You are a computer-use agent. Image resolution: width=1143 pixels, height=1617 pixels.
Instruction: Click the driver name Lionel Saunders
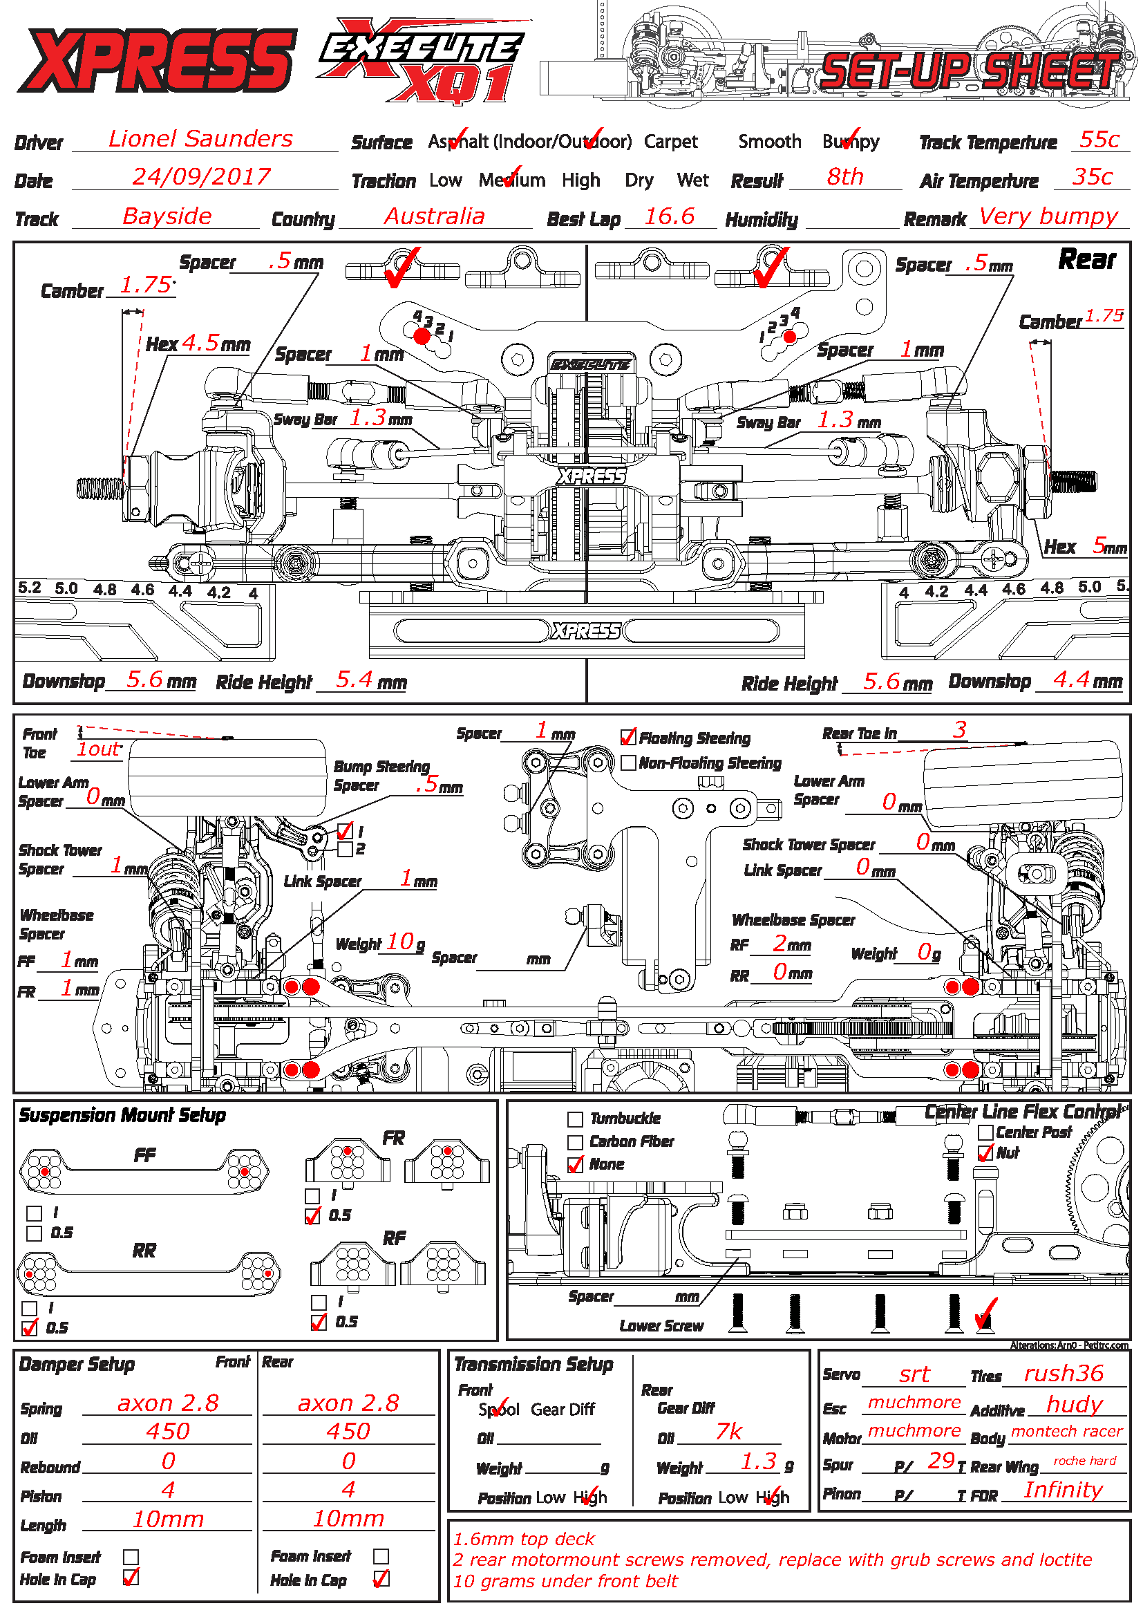[x=200, y=139]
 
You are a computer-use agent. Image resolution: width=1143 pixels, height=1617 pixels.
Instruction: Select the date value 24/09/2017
[x=201, y=177]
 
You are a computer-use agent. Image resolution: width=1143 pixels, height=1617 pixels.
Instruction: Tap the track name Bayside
[x=167, y=216]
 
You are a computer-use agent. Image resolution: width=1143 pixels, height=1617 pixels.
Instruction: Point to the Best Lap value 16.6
[x=670, y=216]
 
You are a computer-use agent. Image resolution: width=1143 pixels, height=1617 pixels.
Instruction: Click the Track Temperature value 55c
[x=1099, y=140]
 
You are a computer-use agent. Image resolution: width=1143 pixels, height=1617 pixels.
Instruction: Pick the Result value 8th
[x=844, y=177]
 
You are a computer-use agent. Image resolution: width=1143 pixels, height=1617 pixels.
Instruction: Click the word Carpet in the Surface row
[x=671, y=142]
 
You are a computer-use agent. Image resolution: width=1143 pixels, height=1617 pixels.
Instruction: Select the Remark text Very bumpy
[x=1048, y=216]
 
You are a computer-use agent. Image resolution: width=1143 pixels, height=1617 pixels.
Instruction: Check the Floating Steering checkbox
[x=628, y=738]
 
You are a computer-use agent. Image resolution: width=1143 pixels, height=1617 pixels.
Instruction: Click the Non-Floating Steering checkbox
[x=628, y=763]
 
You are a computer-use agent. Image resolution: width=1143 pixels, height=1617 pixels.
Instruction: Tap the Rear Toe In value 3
[x=959, y=730]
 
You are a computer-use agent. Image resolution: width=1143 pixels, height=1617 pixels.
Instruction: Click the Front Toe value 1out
[x=99, y=749]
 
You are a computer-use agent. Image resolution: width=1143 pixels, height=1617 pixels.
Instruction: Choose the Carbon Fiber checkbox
[x=575, y=1141]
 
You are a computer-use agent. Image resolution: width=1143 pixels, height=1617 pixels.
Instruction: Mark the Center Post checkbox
[x=985, y=1132]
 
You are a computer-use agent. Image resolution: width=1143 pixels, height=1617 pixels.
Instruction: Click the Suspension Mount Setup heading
[x=122, y=1116]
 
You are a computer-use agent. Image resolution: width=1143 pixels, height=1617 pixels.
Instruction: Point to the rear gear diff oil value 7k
[x=728, y=1432]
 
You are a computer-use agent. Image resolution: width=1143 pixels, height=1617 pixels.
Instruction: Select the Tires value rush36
[x=1064, y=1374]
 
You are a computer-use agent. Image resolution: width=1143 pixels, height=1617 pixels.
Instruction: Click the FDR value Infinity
[x=1063, y=1490]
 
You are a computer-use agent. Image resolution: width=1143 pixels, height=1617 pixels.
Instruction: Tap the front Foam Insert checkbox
[x=131, y=1556]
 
